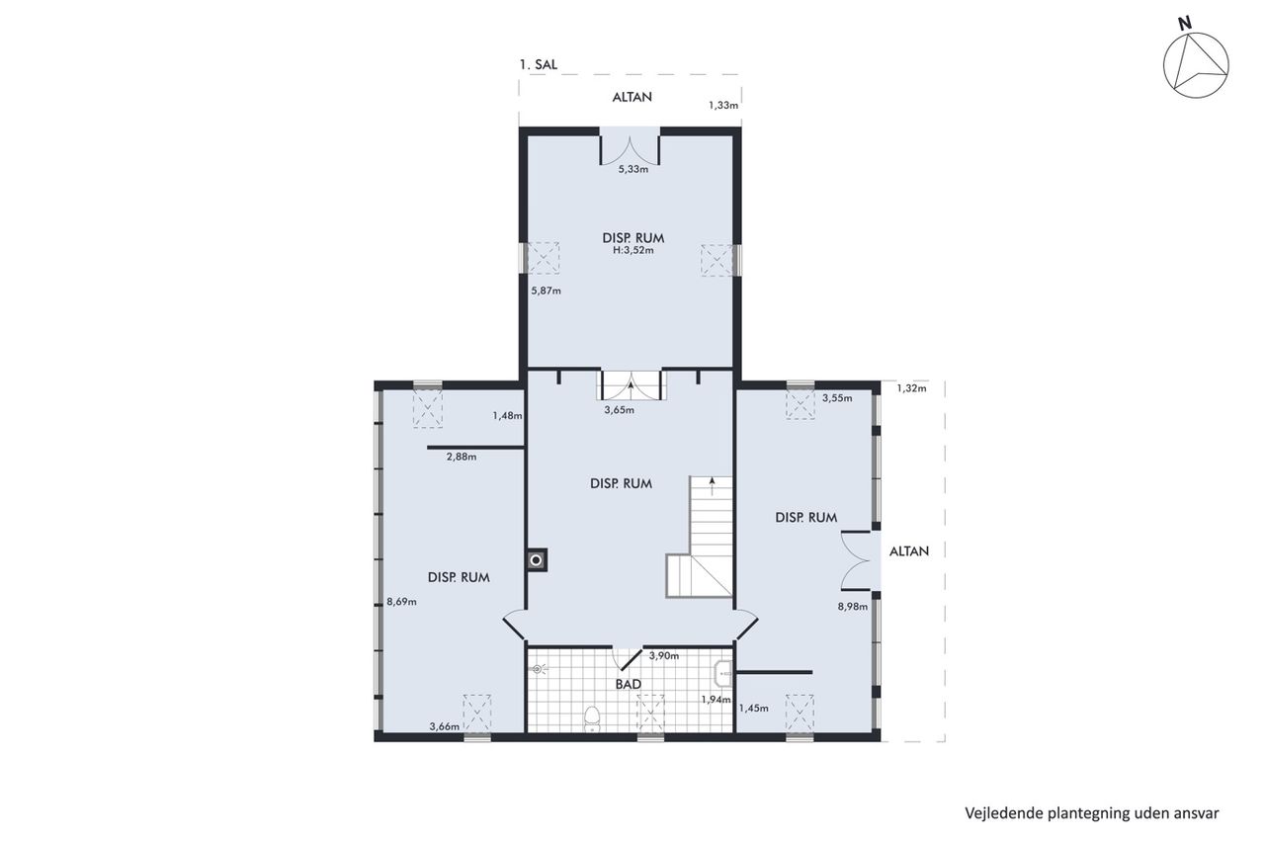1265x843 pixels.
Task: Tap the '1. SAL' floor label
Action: [539, 64]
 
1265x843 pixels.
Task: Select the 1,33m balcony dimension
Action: [723, 105]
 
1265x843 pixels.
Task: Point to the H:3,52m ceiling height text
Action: [633, 250]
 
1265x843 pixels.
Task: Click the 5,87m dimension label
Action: [547, 291]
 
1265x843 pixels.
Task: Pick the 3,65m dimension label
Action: [619, 410]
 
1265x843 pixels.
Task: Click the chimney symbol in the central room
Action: [537, 560]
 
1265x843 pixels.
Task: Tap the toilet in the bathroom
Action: [591, 717]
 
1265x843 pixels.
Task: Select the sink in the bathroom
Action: [723, 673]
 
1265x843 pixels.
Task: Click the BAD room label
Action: [628, 684]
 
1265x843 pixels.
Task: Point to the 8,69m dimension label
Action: [401, 602]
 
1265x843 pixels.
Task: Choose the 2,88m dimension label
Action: [462, 457]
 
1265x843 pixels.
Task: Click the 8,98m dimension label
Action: [853, 607]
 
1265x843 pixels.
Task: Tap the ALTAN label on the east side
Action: [908, 551]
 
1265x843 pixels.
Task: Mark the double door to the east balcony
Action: [855, 560]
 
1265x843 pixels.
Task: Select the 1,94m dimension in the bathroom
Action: [717, 700]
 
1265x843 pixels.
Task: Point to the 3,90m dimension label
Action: [663, 655]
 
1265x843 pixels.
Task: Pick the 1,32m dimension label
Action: [911, 388]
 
